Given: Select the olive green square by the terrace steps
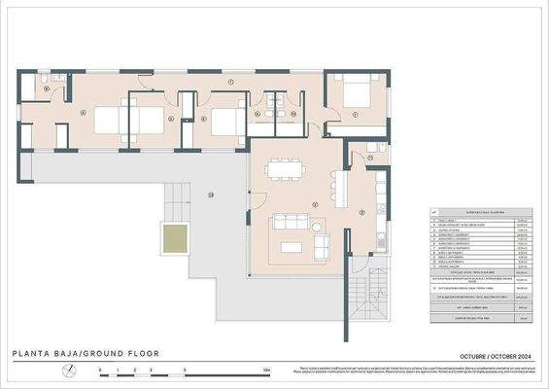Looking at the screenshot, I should tap(174, 237).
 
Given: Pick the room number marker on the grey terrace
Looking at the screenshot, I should tap(209, 194).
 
